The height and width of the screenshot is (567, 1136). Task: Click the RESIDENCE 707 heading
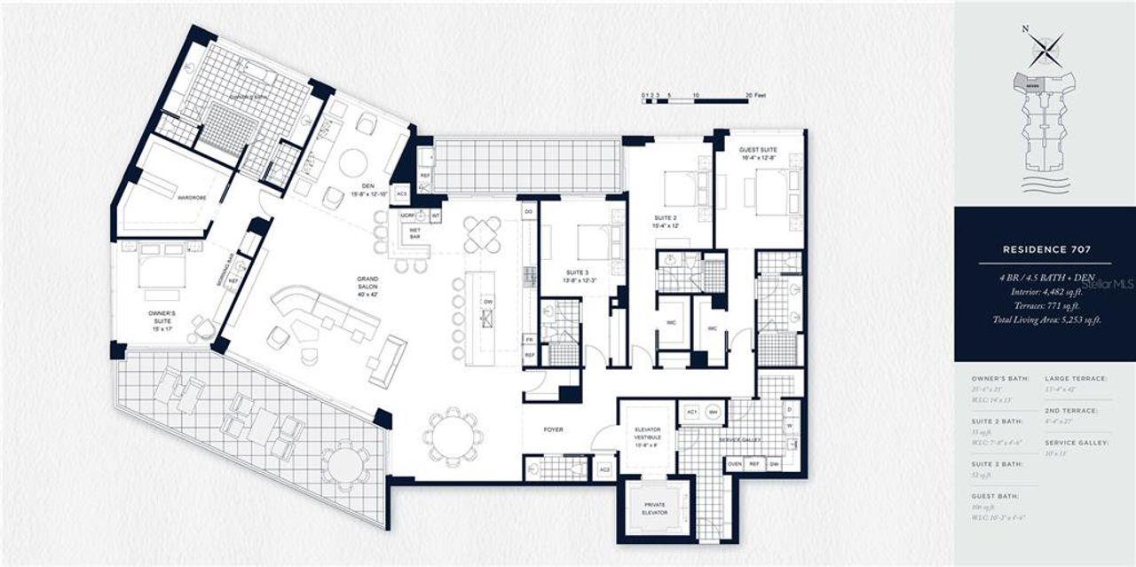pos(1045,250)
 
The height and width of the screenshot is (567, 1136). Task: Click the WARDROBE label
pos(192,196)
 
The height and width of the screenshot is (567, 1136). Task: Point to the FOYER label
pos(554,429)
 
